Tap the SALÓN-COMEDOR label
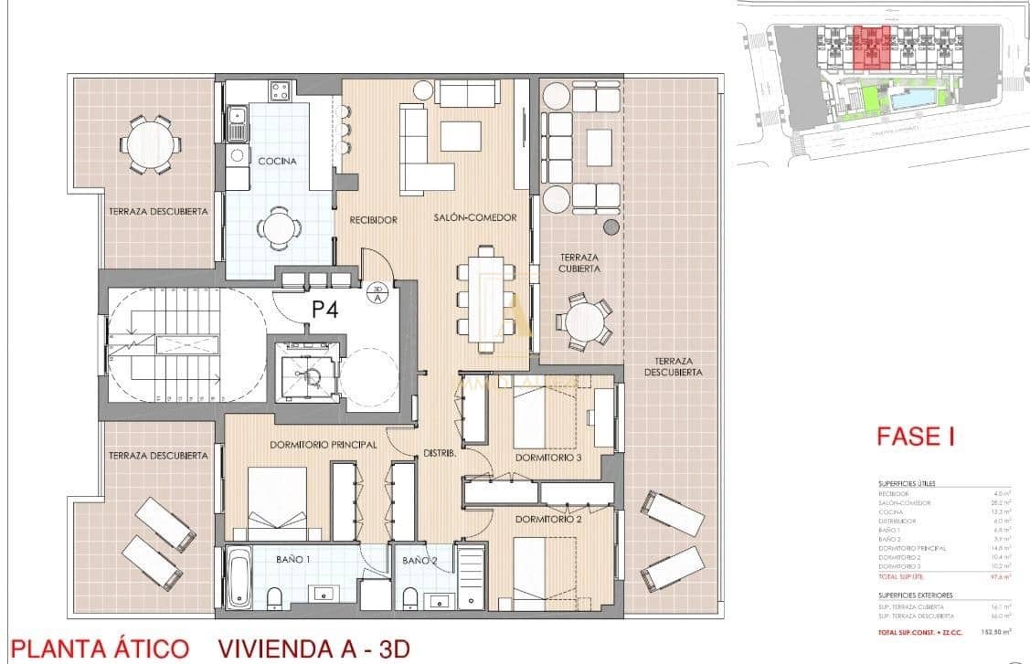click(475, 217)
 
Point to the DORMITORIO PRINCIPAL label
click(297, 445)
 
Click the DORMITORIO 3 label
click(548, 458)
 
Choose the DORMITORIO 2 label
click(548, 520)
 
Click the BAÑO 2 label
click(417, 559)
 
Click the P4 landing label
click(325, 310)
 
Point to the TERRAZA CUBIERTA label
click(580, 264)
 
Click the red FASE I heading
click(915, 436)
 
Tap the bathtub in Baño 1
click(239, 577)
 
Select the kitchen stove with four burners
click(279, 90)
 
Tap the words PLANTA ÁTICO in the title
click(100, 648)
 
